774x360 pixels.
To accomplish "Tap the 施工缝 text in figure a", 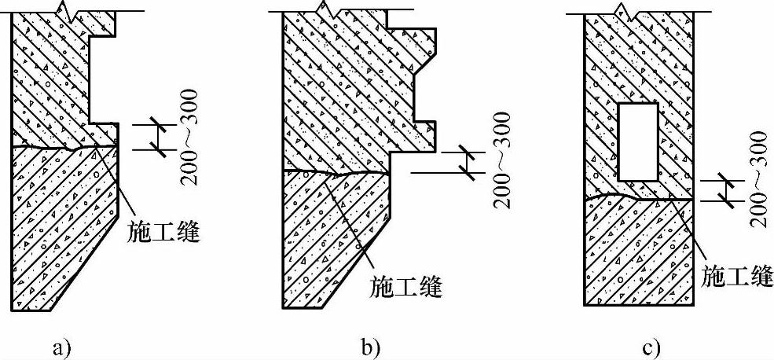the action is pos(162,233).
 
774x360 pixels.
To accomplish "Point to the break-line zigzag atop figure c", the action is pos(622,10).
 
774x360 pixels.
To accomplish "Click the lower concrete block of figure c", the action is pos(638,252).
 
